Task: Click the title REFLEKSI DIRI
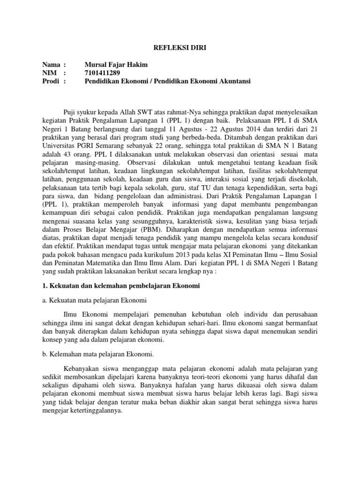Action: (180, 47)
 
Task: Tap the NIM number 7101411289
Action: (101, 73)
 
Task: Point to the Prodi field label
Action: (49, 81)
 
